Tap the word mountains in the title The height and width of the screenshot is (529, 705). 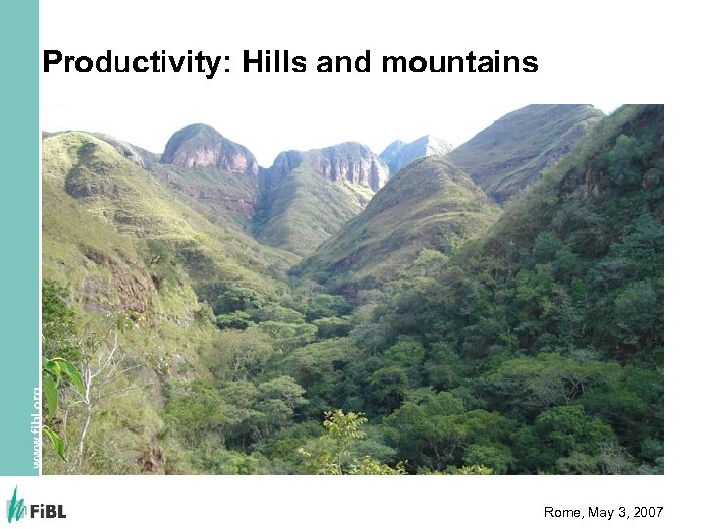click(459, 64)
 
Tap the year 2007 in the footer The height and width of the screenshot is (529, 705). click(647, 511)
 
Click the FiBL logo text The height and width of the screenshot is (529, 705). click(48, 510)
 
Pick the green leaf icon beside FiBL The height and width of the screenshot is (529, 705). click(16, 505)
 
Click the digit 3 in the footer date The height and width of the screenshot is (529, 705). click(623, 511)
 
